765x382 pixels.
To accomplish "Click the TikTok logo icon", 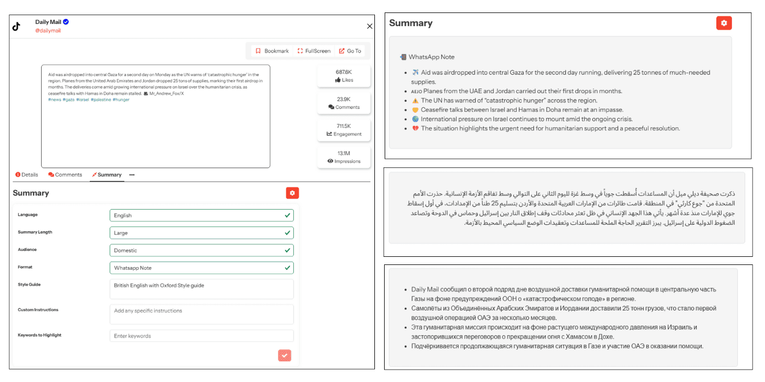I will click(16, 27).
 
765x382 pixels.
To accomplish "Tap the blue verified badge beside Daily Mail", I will click(66, 22).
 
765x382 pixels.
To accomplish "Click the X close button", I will click(370, 26).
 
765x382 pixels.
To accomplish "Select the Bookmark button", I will click(272, 51).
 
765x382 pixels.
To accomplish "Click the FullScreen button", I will click(314, 51).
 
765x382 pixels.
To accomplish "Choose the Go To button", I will click(350, 51).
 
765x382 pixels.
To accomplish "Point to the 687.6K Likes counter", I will click(344, 76).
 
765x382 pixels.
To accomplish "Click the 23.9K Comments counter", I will click(344, 103).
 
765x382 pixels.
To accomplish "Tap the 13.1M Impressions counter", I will click(344, 157).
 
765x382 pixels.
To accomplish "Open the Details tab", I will click(27, 175).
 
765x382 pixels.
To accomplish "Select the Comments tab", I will click(65, 175).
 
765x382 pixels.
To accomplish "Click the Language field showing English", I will click(201, 215).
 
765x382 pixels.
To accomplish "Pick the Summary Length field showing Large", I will click(201, 233).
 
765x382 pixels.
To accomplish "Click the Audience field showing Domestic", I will click(201, 250).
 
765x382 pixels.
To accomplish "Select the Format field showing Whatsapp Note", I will click(201, 268).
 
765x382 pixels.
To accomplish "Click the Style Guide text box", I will click(201, 289).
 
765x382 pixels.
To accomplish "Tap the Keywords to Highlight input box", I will click(201, 336).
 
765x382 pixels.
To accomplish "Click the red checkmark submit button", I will click(285, 355).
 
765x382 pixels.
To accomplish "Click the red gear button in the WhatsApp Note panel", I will click(724, 23).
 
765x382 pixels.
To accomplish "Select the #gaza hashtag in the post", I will click(69, 100).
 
